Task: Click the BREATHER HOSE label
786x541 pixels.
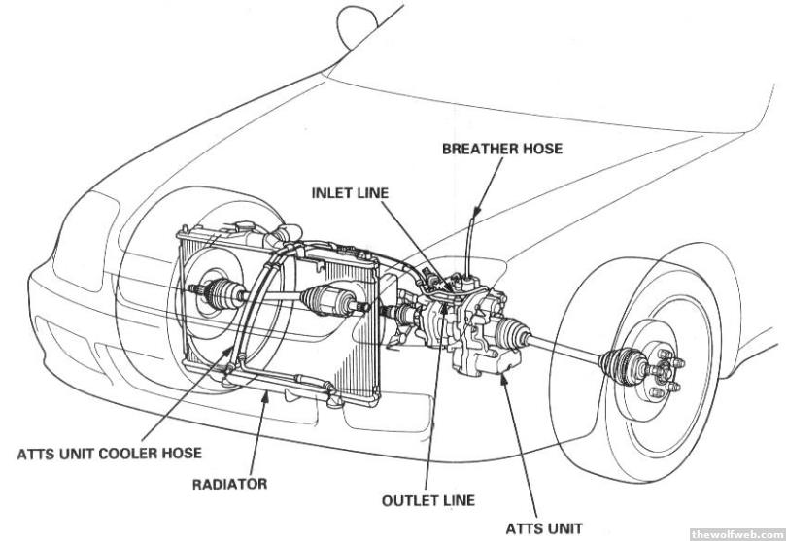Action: tap(502, 149)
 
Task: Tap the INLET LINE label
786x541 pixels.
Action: tap(350, 192)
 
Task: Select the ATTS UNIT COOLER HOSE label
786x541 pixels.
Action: tap(109, 453)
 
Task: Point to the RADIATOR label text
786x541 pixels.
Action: tap(229, 483)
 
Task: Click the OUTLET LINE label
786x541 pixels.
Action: tap(428, 501)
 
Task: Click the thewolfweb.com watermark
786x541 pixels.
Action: tap(735, 533)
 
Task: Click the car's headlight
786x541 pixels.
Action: tap(83, 239)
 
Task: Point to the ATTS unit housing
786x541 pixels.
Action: tap(481, 330)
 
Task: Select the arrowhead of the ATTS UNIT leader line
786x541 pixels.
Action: tap(501, 374)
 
